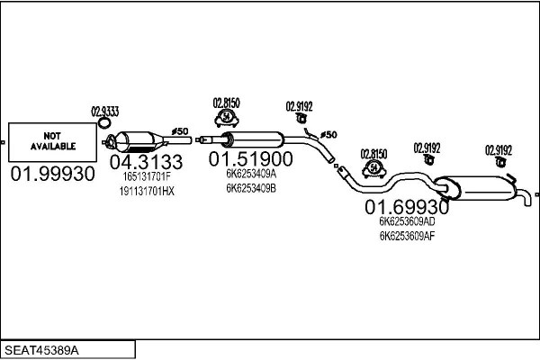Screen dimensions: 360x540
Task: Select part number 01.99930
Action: [x=52, y=175]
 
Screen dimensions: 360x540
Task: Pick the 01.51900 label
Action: [x=251, y=159]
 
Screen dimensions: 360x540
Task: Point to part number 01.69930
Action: [x=406, y=206]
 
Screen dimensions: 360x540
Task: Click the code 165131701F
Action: [x=146, y=177]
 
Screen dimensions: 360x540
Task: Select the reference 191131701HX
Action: [x=146, y=192]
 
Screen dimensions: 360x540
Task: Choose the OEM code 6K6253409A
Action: [x=251, y=175]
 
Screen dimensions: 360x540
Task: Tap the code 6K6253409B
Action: [x=251, y=189]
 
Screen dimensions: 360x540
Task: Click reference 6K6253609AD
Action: [x=407, y=221]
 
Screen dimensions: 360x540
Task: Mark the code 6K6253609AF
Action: [x=407, y=237]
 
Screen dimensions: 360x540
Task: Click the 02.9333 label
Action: [x=105, y=112]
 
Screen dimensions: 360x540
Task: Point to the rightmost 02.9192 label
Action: [x=499, y=149]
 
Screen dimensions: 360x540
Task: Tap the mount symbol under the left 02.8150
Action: [x=226, y=117]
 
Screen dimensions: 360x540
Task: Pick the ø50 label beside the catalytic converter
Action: [x=180, y=131]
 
